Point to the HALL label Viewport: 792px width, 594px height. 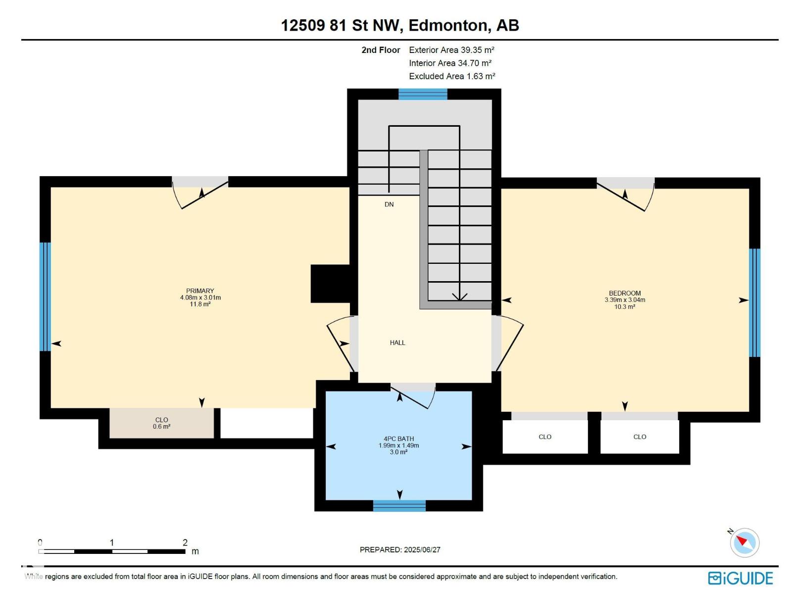point(397,343)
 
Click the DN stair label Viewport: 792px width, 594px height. point(389,204)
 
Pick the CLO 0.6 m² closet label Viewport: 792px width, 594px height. point(162,423)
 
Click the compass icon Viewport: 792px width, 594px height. point(744,543)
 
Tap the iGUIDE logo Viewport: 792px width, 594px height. point(741,578)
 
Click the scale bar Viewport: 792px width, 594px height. point(112,551)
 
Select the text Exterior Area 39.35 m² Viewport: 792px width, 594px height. point(451,50)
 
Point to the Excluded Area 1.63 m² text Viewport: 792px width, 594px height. point(452,76)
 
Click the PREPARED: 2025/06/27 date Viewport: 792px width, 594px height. point(400,549)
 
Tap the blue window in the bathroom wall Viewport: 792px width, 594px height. point(399,505)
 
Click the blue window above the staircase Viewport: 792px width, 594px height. point(423,94)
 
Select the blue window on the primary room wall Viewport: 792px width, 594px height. point(45,297)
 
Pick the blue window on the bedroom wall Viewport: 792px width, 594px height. point(754,302)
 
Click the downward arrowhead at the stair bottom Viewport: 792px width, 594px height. point(459,297)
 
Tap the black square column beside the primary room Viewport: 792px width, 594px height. point(330,284)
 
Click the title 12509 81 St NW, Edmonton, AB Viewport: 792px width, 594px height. point(400,25)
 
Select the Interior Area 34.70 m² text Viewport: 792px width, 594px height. point(450,63)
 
